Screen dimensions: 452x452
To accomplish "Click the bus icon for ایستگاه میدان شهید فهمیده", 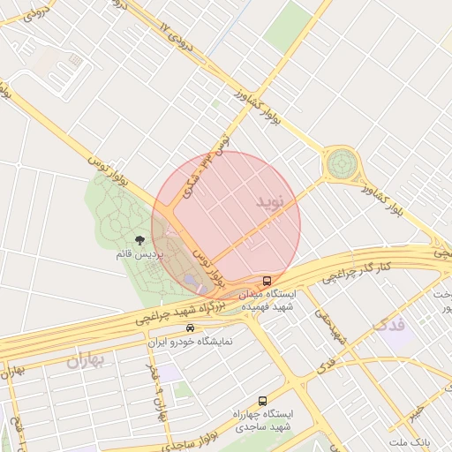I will [x=267, y=281].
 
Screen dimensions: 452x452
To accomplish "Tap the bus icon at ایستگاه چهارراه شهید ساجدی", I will [x=262, y=400].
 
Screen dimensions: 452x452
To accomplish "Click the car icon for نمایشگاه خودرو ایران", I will [x=190, y=328].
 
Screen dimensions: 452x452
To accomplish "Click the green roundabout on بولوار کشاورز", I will [x=342, y=163].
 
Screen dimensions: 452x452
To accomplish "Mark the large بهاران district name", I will [x=85, y=360].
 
